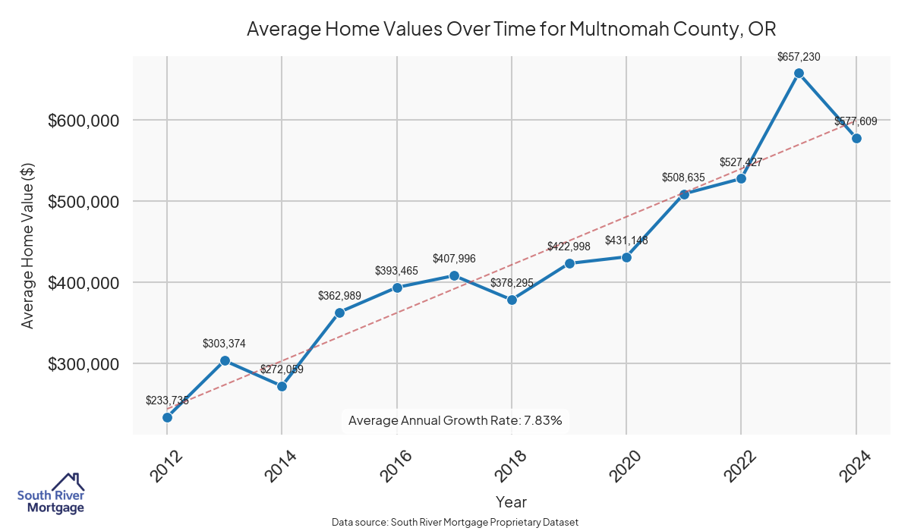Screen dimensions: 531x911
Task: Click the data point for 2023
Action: pyautogui.click(x=799, y=74)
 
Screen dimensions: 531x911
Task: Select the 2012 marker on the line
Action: pyautogui.click(x=167, y=417)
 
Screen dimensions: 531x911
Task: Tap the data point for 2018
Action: pyautogui.click(x=512, y=300)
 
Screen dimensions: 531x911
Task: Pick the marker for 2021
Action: pyautogui.click(x=684, y=194)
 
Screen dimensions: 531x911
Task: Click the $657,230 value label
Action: pyautogui.click(x=799, y=57)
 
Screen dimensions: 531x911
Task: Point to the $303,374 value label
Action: pyautogui.click(x=224, y=344)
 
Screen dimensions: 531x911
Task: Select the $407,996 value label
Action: pyautogui.click(x=454, y=259)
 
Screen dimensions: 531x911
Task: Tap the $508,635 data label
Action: pyautogui.click(x=683, y=178)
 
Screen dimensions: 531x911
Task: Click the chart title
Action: pyautogui.click(x=511, y=30)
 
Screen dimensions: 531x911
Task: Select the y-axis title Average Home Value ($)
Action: pyautogui.click(x=28, y=246)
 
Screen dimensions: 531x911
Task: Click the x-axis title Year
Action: pyautogui.click(x=511, y=501)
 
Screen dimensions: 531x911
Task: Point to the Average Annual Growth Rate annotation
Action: pyautogui.click(x=455, y=420)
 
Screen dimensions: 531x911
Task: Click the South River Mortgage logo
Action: pyautogui.click(x=51, y=494)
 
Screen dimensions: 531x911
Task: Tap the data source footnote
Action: pyautogui.click(x=455, y=523)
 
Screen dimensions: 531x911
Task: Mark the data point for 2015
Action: pyautogui.click(x=339, y=313)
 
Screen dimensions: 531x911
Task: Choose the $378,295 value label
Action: pyautogui.click(x=512, y=283)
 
